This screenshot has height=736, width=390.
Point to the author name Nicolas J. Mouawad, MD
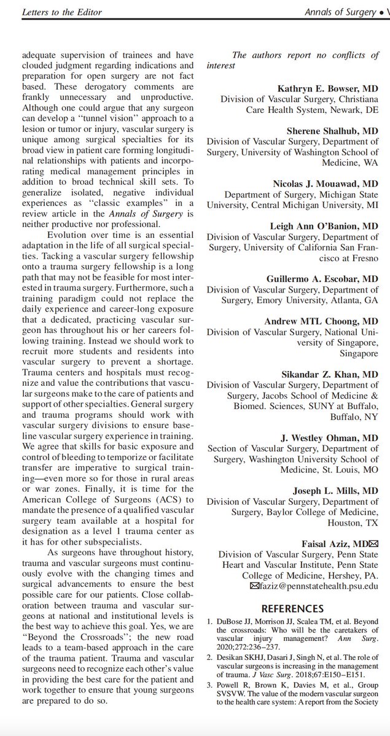click(x=326, y=183)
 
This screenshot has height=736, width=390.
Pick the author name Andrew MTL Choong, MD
click(x=321, y=321)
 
